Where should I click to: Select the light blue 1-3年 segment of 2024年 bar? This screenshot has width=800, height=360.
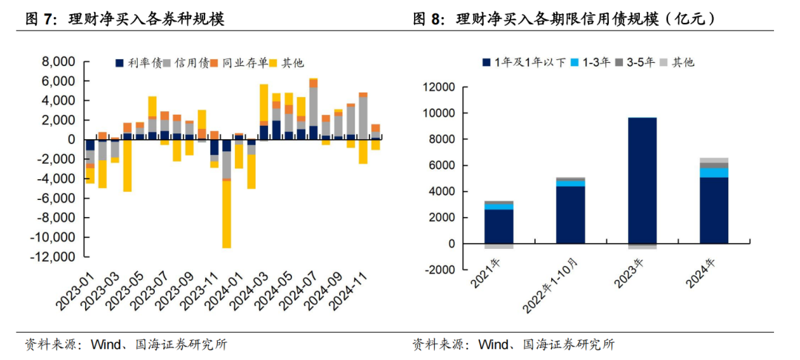pyautogui.click(x=714, y=173)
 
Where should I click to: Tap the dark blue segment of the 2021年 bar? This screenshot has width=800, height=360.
pyautogui.click(x=498, y=226)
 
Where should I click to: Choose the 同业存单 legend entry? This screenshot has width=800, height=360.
pyautogui.click(x=236, y=64)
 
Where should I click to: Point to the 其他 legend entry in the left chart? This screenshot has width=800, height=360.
pyautogui.click(x=286, y=64)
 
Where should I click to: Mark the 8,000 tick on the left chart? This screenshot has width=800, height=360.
pyautogui.click(x=59, y=61)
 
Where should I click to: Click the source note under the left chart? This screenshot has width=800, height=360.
pyautogui.click(x=126, y=344)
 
